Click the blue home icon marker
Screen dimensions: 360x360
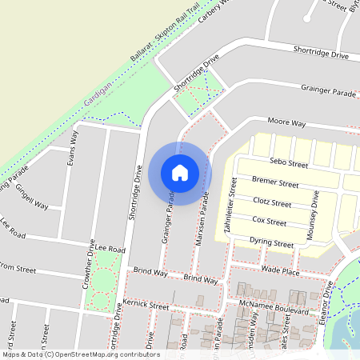coord(180,173)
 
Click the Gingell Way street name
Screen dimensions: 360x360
coord(32,196)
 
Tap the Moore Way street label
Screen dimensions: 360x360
coord(287,123)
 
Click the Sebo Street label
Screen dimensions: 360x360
coord(289,164)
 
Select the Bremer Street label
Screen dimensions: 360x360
coord(274,183)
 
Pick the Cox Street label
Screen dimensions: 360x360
coord(269,220)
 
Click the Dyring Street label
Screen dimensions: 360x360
coord(271,242)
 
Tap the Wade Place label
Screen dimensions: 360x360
coord(280,271)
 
